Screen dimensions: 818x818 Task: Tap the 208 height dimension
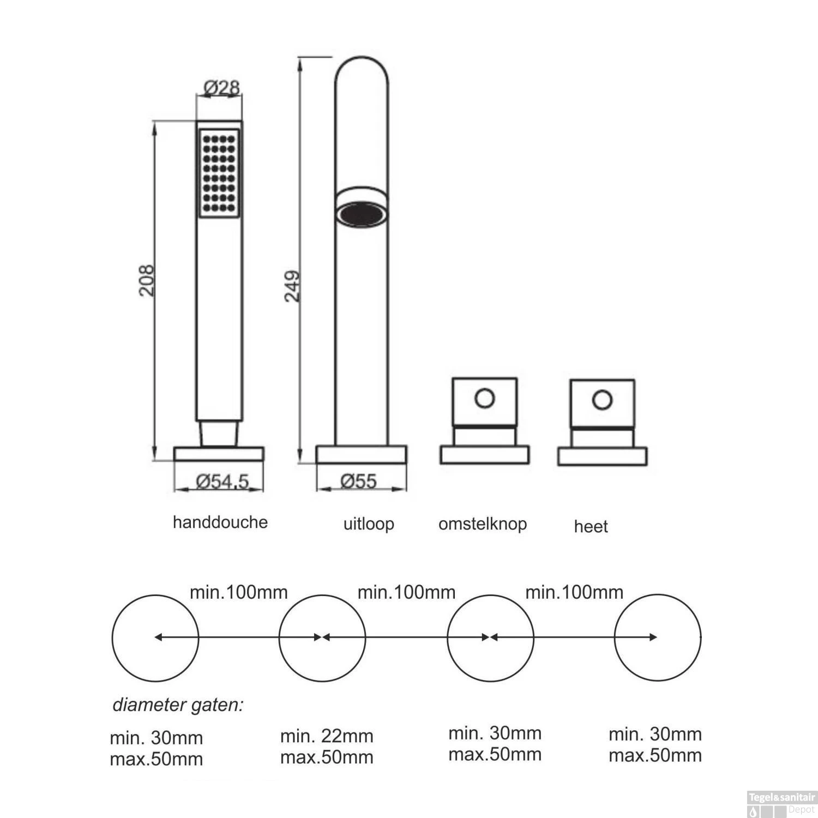pyautogui.click(x=146, y=280)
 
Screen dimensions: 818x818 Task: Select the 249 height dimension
pyautogui.click(x=292, y=286)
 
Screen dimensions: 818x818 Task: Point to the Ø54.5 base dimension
pyautogui.click(x=222, y=481)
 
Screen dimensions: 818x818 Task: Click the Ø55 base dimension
pyautogui.click(x=359, y=481)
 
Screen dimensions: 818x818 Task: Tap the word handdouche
pyautogui.click(x=220, y=522)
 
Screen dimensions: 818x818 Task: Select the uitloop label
pyautogui.click(x=369, y=524)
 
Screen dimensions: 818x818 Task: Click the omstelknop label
pyautogui.click(x=483, y=524)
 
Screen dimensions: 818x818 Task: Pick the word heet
pyautogui.click(x=591, y=526)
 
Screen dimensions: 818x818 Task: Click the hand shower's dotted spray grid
pyautogui.click(x=219, y=173)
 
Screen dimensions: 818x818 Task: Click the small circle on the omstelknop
pyautogui.click(x=484, y=398)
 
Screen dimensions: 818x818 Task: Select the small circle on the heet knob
pyautogui.click(x=602, y=400)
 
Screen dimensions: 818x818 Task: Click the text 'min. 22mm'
pyautogui.click(x=327, y=736)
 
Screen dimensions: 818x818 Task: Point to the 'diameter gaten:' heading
pyautogui.click(x=178, y=705)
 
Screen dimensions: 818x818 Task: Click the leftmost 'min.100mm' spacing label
pyautogui.click(x=239, y=592)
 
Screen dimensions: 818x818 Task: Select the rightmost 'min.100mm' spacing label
pyautogui.click(x=574, y=592)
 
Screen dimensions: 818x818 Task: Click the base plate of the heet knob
pyautogui.click(x=602, y=456)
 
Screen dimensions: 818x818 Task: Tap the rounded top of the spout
pyautogui.click(x=362, y=71)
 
